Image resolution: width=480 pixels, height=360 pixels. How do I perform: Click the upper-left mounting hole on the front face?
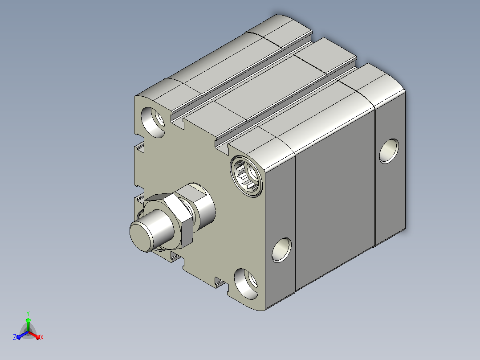tap(153, 122)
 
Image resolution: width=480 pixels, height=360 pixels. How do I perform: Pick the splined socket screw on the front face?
tap(246, 176)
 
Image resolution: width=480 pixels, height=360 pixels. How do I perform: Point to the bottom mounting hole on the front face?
tap(246, 284)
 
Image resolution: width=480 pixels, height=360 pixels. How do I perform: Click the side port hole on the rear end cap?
tap(389, 151)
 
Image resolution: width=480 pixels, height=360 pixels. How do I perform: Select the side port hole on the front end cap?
tap(281, 250)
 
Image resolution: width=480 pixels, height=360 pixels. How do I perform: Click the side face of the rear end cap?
tap(391, 168)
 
